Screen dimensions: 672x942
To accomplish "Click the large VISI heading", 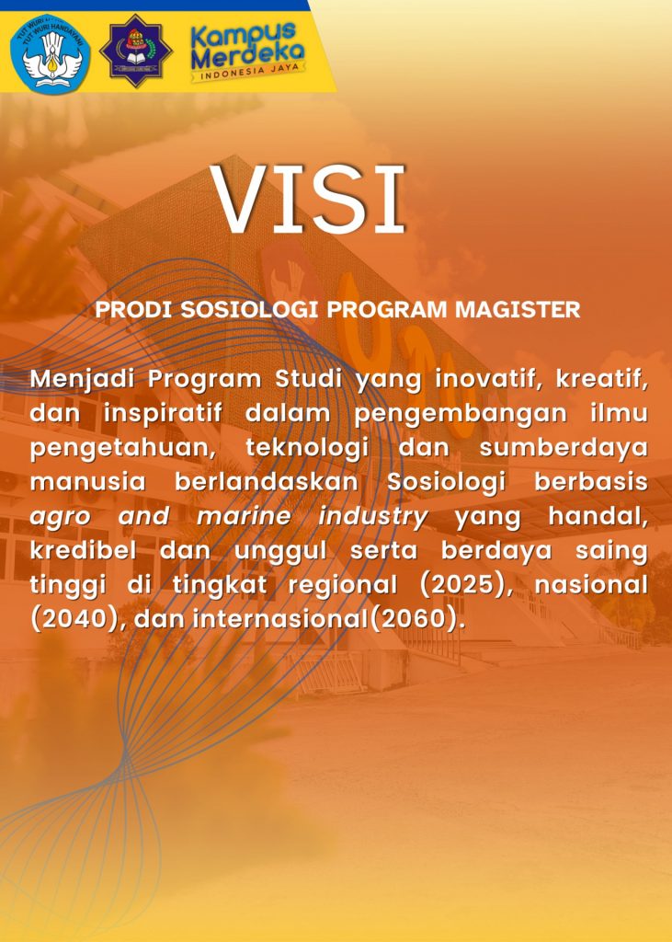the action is (x=307, y=199).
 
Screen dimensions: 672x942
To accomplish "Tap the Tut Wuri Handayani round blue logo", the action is (x=51, y=53).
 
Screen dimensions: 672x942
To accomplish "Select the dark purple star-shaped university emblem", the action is (x=136, y=52).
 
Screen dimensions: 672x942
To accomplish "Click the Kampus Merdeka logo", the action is (x=247, y=52).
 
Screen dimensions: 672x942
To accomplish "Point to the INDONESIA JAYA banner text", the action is (x=248, y=72).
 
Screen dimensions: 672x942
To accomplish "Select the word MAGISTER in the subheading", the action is (x=518, y=310).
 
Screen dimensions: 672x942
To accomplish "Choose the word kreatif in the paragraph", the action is (x=602, y=380).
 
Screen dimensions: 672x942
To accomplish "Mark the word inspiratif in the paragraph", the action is (x=162, y=414).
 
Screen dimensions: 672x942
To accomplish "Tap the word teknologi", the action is (x=307, y=449).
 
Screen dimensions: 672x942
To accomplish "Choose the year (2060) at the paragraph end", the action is (x=416, y=619).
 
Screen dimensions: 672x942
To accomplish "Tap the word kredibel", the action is (x=84, y=551).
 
